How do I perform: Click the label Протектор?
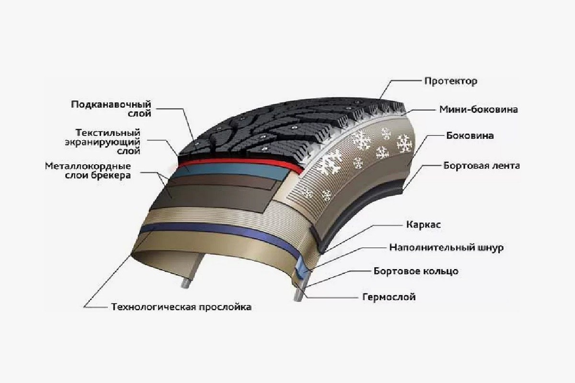451,81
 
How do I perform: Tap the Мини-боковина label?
479,110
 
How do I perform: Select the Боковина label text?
470,135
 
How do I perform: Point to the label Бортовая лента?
482,166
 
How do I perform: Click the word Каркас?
423,225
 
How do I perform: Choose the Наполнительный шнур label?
447,248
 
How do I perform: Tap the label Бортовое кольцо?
416,271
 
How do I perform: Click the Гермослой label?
389,297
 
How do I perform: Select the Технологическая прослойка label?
181,307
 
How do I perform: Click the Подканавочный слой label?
111,109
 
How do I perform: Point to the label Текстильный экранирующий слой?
103,142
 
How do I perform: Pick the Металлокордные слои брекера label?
88,170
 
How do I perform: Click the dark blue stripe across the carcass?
221,232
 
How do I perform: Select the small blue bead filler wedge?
301,270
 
